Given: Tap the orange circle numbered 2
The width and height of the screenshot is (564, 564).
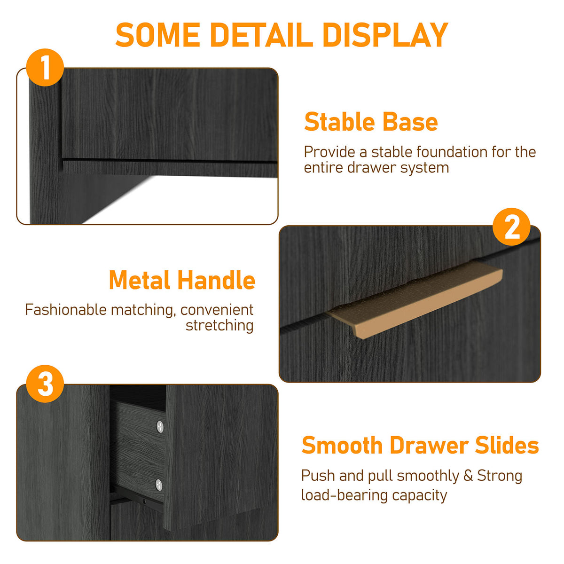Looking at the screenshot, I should [511, 227].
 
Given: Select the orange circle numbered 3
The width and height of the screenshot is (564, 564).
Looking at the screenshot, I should [45, 384].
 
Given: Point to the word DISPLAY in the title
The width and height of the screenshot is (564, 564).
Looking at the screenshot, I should [385, 35].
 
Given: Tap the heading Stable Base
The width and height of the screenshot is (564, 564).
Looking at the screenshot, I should [371, 122].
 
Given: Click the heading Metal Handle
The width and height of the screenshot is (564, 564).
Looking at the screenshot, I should [182, 281].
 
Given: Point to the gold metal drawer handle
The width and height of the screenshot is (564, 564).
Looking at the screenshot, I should [416, 301].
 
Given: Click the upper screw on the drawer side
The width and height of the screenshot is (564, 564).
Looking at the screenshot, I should [160, 426].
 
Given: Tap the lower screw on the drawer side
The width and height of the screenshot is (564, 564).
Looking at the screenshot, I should [159, 484].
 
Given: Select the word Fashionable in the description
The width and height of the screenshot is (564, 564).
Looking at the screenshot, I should [66, 310].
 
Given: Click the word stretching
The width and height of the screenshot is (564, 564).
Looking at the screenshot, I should [219, 325].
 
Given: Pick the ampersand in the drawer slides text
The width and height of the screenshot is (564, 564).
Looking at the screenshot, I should [468, 476].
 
